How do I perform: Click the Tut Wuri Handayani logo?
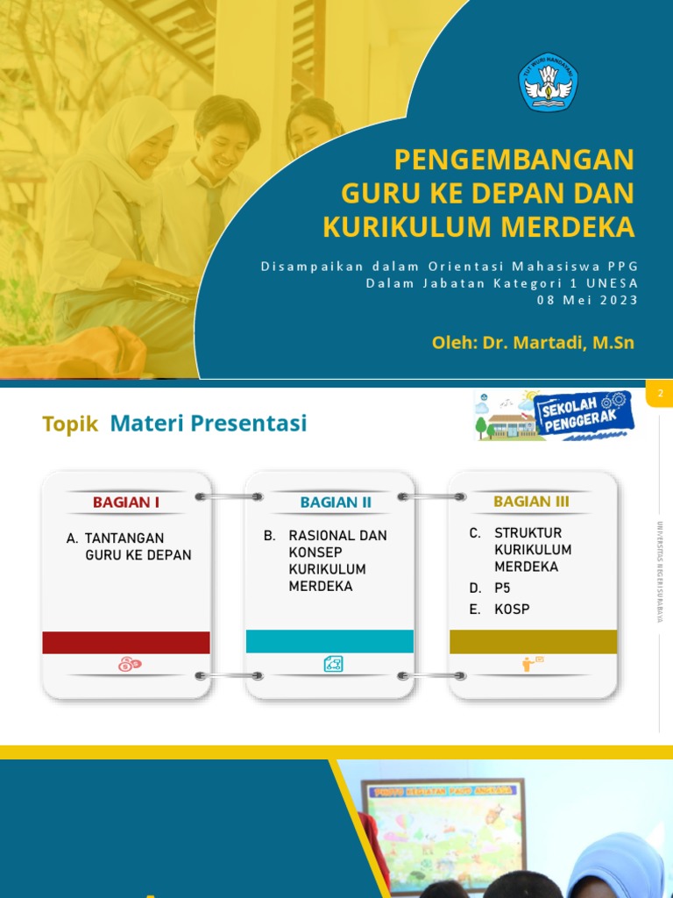coord(549,82)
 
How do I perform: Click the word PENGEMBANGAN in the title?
coord(514,160)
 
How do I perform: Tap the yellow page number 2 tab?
coord(659,395)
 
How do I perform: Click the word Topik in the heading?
coord(70,424)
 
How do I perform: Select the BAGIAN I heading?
coord(126,502)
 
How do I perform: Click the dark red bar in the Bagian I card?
coord(126,642)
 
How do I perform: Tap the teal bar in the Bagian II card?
coord(329,641)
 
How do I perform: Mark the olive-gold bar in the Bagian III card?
coord(533,641)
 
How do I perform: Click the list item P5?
coord(502,588)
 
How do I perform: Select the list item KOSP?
coord(512,609)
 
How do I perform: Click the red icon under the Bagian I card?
coord(129,665)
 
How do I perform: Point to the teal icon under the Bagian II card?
coord(333,664)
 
